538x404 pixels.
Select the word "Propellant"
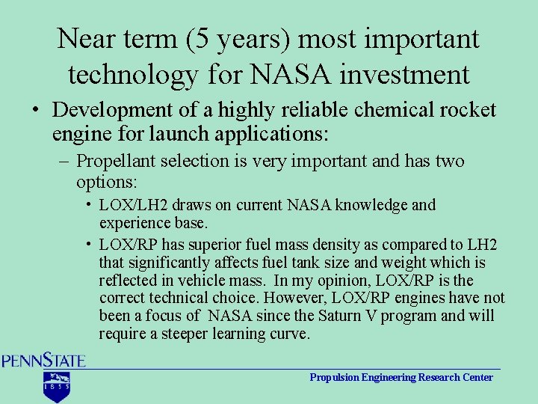115,161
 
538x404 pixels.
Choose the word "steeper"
188,334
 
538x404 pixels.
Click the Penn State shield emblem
55,385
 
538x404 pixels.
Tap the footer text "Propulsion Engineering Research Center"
401,378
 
